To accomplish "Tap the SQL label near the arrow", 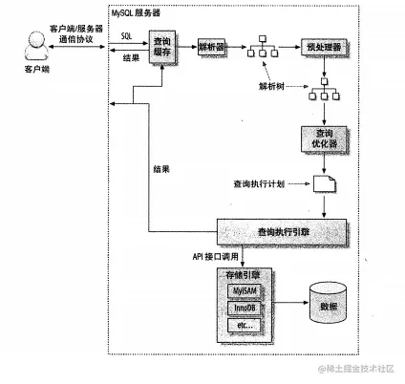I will click(x=127, y=34).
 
